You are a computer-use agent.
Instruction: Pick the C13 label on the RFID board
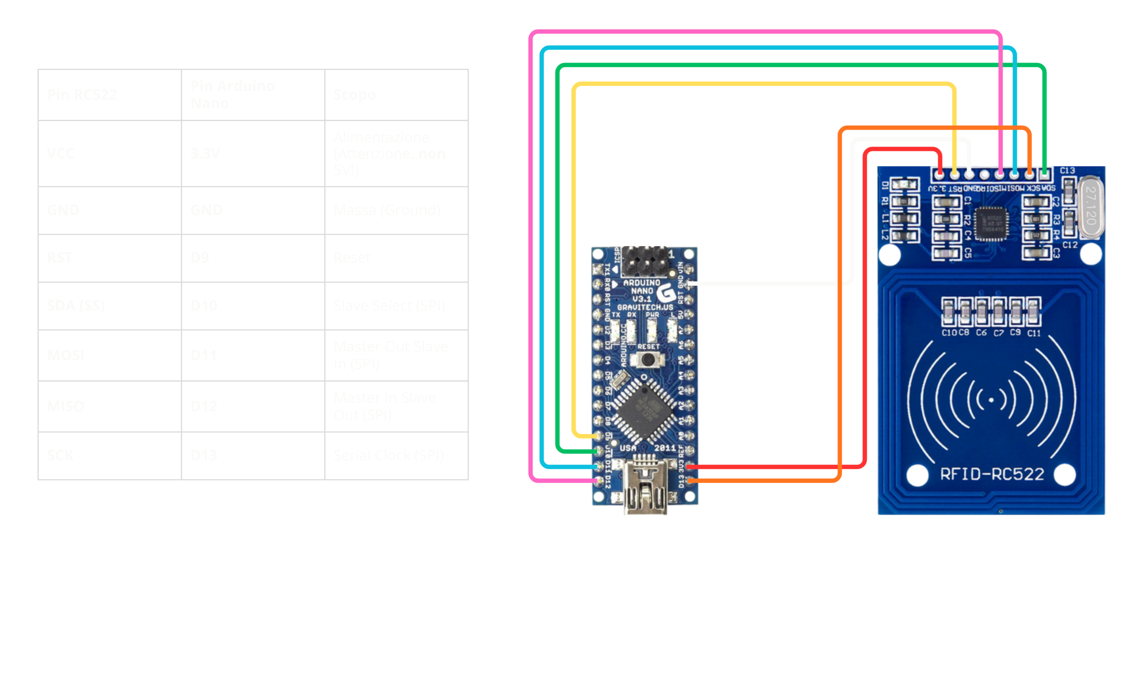click(x=1067, y=171)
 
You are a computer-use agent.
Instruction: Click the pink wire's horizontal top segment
click(x=765, y=32)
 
